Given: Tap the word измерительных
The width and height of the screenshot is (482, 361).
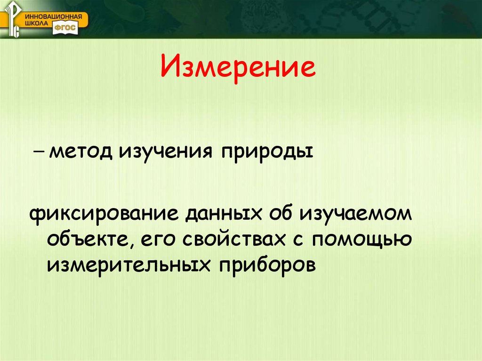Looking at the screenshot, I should (x=127, y=265).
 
